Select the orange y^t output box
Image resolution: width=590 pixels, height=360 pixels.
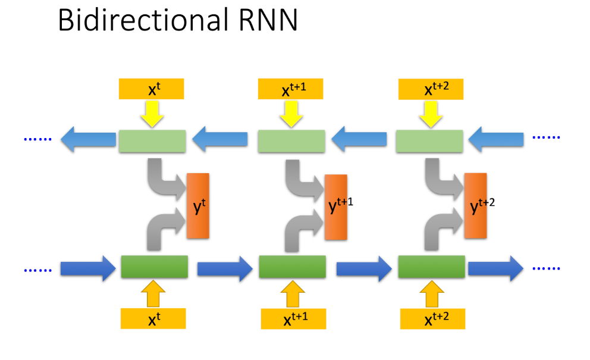tap(198, 206)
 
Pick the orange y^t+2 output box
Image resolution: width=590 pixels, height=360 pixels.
tap(475, 206)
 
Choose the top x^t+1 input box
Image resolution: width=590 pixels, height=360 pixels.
tap(291, 89)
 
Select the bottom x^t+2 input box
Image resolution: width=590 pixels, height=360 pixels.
tap(432, 319)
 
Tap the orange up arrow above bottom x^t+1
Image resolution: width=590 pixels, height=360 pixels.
tap(291, 295)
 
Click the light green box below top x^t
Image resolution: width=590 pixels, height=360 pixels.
tap(152, 140)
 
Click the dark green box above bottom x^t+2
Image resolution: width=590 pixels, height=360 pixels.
tap(431, 267)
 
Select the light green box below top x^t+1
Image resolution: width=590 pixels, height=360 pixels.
tap(291, 140)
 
